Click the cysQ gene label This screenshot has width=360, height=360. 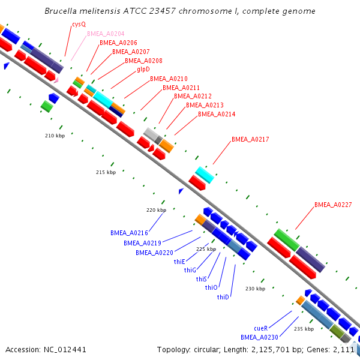pos(79,25)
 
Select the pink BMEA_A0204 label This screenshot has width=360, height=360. pos(106,34)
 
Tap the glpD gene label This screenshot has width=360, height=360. pos(143,69)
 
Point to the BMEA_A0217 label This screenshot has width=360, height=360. pos(250,139)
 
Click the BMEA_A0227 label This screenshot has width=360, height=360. pos(333,205)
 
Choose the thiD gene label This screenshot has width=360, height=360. pos(223,297)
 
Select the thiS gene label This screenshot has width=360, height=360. pos(202,279)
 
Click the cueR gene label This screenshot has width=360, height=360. pos(261,328)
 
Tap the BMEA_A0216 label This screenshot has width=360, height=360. pos(129,233)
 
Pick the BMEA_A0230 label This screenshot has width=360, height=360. pos(259,337)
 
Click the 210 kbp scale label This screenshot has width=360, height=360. pos(55,136)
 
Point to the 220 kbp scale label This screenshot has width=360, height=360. pos(157,210)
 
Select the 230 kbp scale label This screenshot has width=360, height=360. pos(256,289)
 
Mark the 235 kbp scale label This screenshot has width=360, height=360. pos(304,329)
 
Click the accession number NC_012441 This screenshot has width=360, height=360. pos(65,350)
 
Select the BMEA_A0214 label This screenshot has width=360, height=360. pos(217,114)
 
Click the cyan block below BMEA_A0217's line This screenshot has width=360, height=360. pos(205,175)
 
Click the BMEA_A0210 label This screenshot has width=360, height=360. pos(169,79)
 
